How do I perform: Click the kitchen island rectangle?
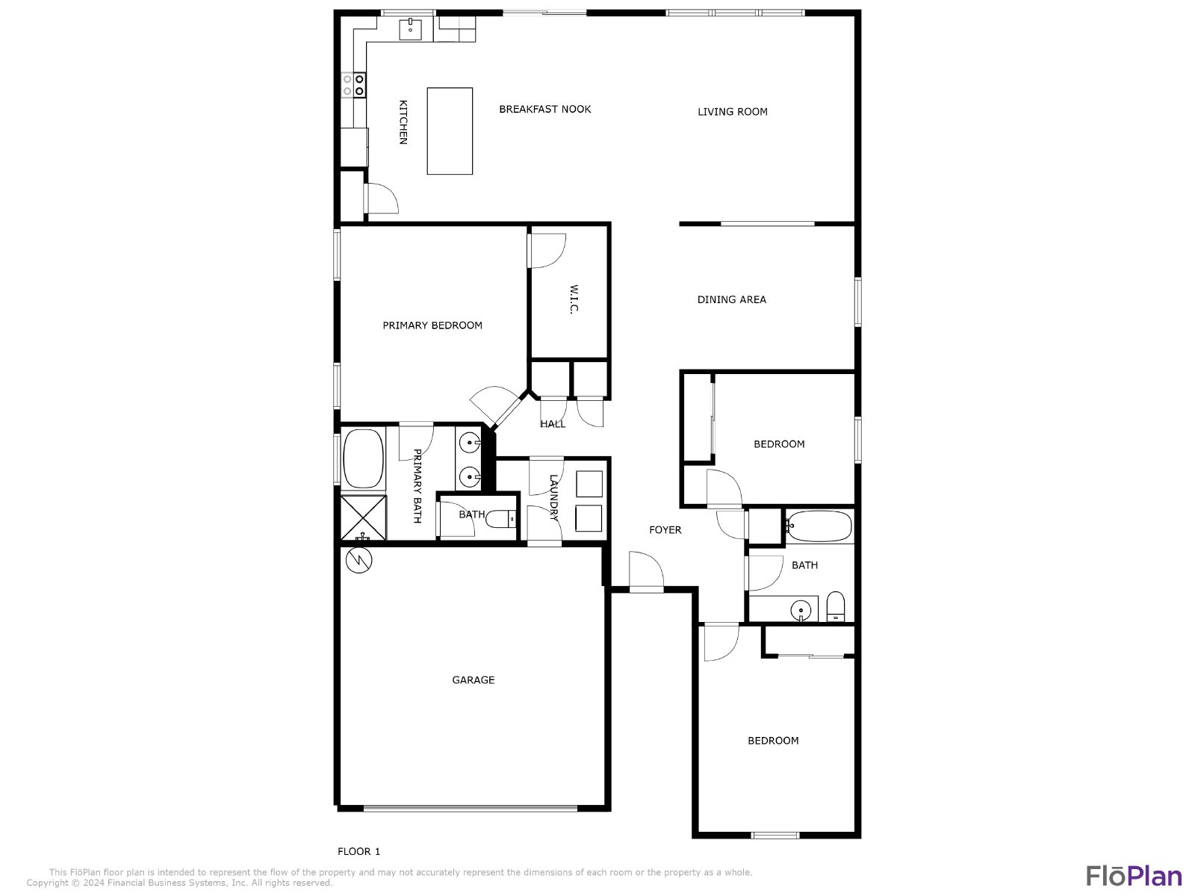[x=449, y=131]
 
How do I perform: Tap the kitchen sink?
[x=410, y=29]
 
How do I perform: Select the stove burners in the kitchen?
[x=353, y=85]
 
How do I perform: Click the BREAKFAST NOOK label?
[x=545, y=109]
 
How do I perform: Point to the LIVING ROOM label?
[x=732, y=112]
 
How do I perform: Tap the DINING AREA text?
[x=732, y=299]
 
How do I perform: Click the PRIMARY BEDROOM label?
[x=432, y=326]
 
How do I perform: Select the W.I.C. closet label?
[x=574, y=299]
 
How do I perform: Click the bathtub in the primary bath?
[x=364, y=458]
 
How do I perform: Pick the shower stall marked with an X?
[x=364, y=517]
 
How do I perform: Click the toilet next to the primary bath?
[x=500, y=520]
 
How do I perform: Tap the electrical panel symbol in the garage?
[x=358, y=560]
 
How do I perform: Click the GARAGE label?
[x=473, y=680]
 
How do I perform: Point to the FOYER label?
[x=665, y=530]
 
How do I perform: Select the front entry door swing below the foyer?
[x=646, y=570]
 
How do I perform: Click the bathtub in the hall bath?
[x=819, y=526]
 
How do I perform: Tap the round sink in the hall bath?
[x=801, y=609]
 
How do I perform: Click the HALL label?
[x=553, y=424]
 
